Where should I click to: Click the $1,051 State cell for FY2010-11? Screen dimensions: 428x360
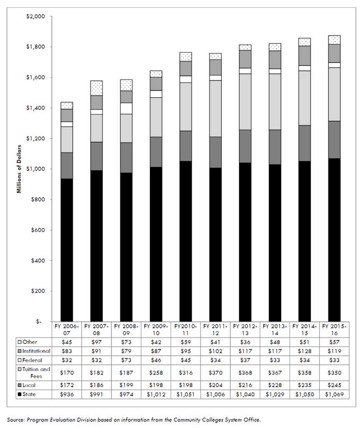186,394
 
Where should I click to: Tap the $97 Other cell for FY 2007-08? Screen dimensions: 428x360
96,342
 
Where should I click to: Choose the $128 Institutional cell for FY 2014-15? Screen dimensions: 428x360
304,351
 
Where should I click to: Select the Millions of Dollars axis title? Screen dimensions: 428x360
19,168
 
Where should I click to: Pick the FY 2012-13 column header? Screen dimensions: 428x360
245,329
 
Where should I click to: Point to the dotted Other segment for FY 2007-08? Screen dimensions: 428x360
96,88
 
